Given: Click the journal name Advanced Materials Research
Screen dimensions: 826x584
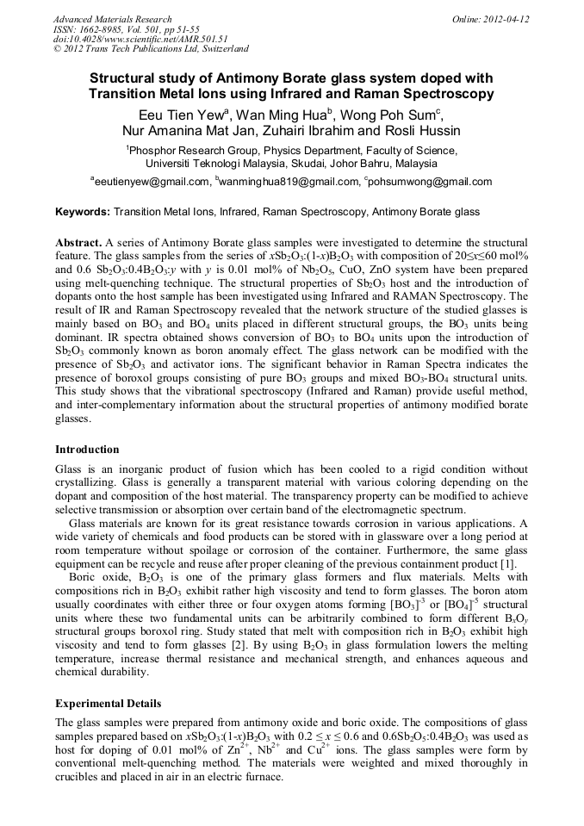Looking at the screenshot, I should [112, 19].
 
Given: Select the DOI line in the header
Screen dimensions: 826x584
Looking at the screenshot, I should [140, 39].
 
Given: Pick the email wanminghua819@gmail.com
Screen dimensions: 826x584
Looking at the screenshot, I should [289, 182].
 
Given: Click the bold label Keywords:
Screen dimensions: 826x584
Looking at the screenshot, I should [83, 211].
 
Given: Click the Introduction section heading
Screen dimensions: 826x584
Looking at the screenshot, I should [87, 450].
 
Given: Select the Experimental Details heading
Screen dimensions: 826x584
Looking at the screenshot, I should [108, 704].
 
